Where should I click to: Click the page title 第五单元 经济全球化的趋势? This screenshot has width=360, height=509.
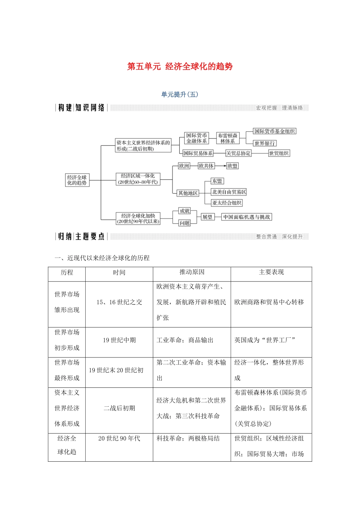180,67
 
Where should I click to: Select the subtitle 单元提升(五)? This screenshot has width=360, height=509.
180,94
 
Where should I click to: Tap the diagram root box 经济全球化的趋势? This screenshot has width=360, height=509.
77,180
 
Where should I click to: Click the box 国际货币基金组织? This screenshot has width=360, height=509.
274,131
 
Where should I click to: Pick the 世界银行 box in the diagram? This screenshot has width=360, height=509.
265,143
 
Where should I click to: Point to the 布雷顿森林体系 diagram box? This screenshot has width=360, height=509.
227,138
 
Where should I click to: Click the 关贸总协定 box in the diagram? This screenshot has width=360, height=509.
238,153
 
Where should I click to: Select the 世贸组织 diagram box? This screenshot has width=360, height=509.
279,153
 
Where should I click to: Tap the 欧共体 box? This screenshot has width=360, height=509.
206,166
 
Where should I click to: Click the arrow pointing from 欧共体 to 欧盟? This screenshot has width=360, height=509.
220,166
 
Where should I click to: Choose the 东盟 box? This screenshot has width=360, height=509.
217,181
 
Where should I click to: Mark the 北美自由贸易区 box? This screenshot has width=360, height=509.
229,192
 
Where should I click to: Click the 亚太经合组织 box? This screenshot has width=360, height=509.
227,203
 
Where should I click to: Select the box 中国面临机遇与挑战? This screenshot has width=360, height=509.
246,217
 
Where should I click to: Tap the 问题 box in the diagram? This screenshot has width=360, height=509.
185,223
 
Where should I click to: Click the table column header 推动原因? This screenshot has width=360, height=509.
192,272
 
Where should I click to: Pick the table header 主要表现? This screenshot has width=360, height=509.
271,272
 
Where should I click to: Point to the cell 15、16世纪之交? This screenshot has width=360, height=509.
119,302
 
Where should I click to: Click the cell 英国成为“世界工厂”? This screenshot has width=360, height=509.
265,340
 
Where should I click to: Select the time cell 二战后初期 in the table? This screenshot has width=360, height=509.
119,408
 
